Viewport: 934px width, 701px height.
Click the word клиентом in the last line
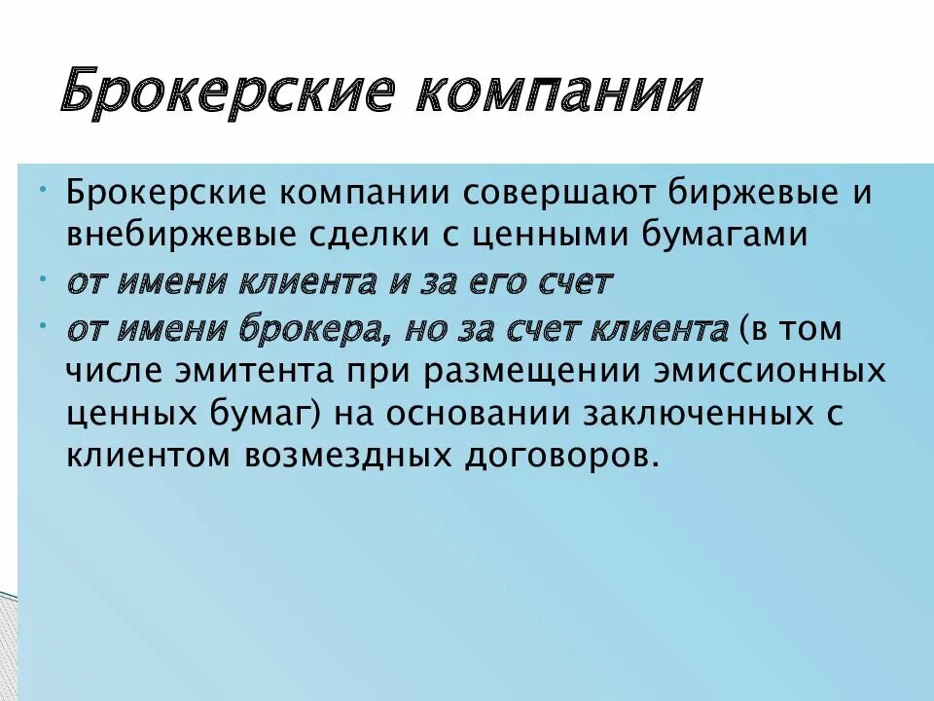[x=142, y=455]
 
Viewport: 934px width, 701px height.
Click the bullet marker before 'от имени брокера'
[x=46, y=322]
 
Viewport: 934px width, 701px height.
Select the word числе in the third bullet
[x=113, y=374]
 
